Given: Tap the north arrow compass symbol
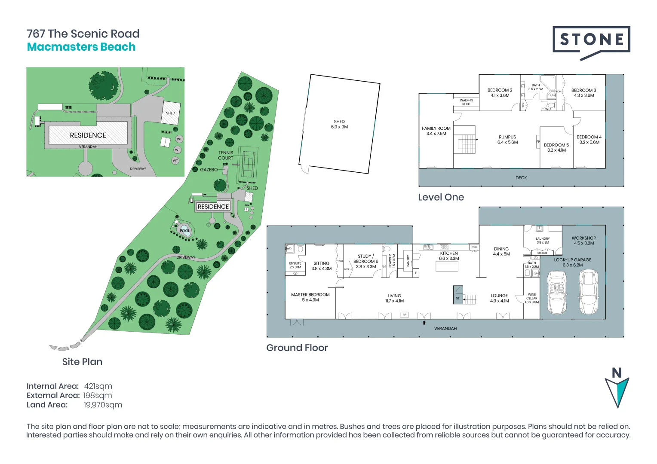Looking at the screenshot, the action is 617,389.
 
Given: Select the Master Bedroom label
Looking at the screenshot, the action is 310,297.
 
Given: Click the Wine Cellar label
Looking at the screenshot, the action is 532,298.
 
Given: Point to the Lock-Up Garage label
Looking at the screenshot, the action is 572,263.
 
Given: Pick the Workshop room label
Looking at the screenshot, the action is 583,241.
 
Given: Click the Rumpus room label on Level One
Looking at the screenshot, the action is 507,140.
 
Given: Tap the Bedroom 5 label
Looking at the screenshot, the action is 556,147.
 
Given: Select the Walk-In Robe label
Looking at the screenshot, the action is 466,102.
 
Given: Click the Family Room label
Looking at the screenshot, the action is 436,131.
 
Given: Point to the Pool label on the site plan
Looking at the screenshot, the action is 184,231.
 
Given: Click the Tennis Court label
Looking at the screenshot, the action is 225,155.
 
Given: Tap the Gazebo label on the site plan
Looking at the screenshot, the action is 209,170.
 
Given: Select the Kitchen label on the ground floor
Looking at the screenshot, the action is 449,256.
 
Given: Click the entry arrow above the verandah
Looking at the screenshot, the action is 424,322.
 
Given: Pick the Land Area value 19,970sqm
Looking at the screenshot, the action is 103,405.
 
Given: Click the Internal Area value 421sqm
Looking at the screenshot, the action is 98,386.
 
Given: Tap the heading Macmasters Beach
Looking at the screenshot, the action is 81,47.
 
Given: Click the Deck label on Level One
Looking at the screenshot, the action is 521,177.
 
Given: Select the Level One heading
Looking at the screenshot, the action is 441,197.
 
